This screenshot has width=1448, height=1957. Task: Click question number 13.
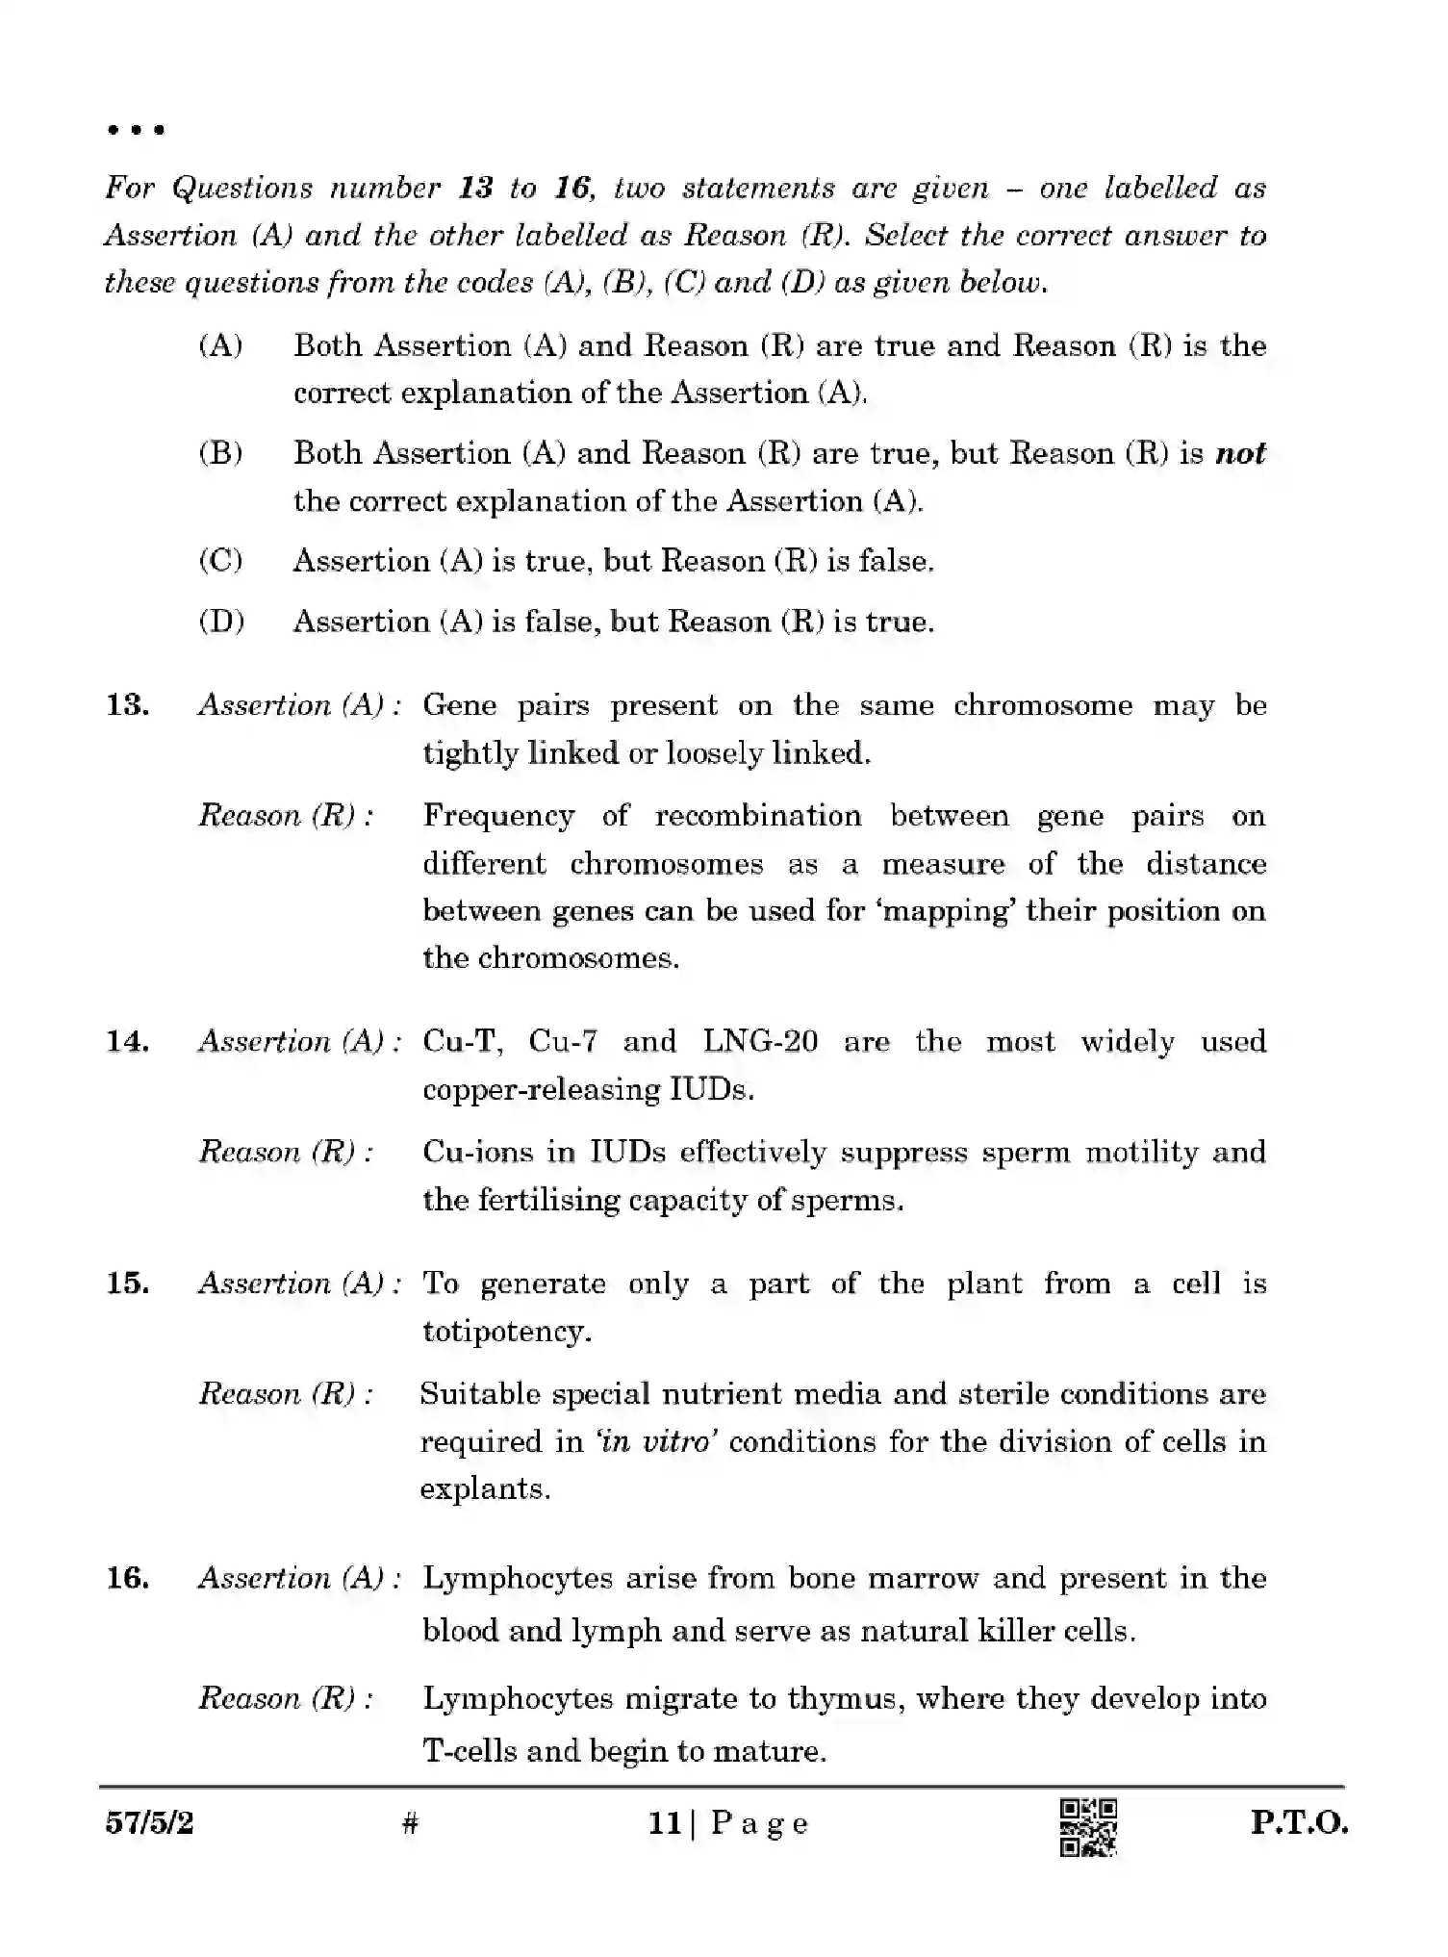tap(127, 705)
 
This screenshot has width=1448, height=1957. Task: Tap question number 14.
tap(127, 1041)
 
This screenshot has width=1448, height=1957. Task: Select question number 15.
tap(127, 1283)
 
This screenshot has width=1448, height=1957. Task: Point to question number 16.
tap(127, 1578)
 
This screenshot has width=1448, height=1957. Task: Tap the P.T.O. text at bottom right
tap(1299, 1823)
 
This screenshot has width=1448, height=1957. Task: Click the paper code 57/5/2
tap(149, 1822)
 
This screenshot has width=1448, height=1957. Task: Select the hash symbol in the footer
tap(410, 1822)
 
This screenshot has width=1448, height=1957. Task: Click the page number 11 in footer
tap(665, 1822)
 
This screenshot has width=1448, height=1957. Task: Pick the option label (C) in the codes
tap(220, 560)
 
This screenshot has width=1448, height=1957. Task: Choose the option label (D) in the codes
tap(221, 621)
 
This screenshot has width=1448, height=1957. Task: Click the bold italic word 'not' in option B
tap(1240, 453)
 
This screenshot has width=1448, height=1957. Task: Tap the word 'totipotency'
tap(506, 1331)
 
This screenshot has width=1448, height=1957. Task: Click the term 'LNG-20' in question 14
tap(760, 1041)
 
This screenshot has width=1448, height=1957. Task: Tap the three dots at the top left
tap(136, 129)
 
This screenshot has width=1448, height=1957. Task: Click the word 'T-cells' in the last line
tap(469, 1750)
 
